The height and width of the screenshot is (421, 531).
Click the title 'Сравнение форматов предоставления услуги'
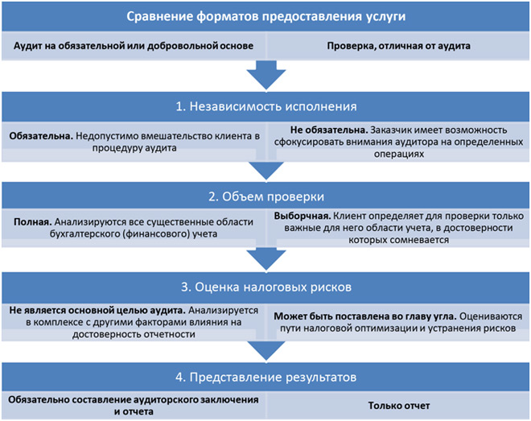point(265,16)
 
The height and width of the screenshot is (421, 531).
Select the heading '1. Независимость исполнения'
point(265,107)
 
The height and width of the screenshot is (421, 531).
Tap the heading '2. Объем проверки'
point(265,196)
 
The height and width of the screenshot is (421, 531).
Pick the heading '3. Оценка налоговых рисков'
point(265,287)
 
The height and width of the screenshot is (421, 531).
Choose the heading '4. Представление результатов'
point(265,376)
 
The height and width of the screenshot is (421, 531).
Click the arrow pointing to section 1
point(265,76)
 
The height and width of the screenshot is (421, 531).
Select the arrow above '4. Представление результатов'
point(265,348)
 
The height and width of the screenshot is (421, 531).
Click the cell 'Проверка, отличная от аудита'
point(398,46)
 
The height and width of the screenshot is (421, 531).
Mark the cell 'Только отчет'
point(398,406)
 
